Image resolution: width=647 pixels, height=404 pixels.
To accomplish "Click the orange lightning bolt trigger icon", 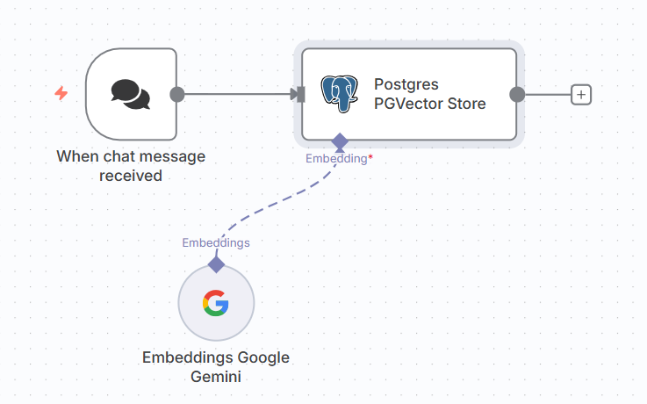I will pyautogui.click(x=61, y=93).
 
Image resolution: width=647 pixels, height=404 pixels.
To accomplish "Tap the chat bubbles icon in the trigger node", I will pyautogui.click(x=130, y=94).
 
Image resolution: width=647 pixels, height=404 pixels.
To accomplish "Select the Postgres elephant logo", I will pyautogui.click(x=340, y=94).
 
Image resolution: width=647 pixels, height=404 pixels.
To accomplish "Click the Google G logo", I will pyautogui.click(x=216, y=303).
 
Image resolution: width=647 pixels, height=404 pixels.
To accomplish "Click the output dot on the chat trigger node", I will pyautogui.click(x=176, y=94).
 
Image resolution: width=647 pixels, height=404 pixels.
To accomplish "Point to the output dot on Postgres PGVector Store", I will pyautogui.click(x=517, y=94).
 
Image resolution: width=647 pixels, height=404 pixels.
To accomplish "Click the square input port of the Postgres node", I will pyautogui.click(x=301, y=94).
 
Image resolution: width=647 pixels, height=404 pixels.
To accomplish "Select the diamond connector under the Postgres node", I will pyautogui.click(x=340, y=141).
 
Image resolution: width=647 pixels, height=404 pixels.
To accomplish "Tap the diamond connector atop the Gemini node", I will pyautogui.click(x=216, y=263).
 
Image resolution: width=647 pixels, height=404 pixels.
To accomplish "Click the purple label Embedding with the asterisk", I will pyautogui.click(x=336, y=159).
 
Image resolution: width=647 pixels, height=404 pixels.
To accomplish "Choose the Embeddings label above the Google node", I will pyautogui.click(x=216, y=242).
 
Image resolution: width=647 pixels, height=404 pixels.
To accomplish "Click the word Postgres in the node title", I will pyautogui.click(x=406, y=84).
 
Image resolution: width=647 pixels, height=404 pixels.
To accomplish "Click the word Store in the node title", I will pyautogui.click(x=467, y=104).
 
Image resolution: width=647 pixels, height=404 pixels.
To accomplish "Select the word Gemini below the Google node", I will pyautogui.click(x=216, y=377).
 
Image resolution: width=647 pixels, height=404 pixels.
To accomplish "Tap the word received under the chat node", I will pyautogui.click(x=131, y=176).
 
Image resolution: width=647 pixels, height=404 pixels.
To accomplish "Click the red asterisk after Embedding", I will pyautogui.click(x=370, y=157).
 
